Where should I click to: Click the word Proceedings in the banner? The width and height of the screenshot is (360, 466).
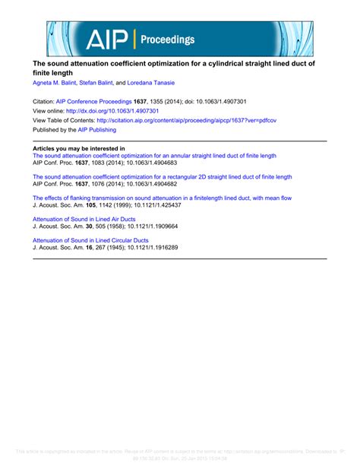tap(168, 40)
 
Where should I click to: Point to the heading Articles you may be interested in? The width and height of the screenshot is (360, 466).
tap(78, 148)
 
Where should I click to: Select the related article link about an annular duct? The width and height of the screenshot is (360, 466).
tap(154, 155)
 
